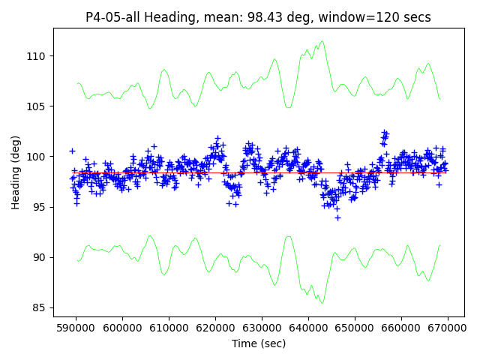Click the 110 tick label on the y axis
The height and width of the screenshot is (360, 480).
pyautogui.click(x=37, y=56)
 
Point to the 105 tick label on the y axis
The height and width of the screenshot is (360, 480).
pyautogui.click(x=37, y=106)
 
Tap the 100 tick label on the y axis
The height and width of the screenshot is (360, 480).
pyautogui.click(x=37, y=157)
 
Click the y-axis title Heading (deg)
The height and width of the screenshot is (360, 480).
pyautogui.click(x=16, y=172)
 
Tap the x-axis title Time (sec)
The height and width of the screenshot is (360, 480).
pyautogui.click(x=259, y=343)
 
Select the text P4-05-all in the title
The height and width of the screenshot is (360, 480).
pyautogui.click(x=111, y=17)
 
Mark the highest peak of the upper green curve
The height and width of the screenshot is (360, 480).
pyautogui.click(x=322, y=41)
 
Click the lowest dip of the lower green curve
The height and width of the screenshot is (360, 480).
pyautogui.click(x=322, y=303)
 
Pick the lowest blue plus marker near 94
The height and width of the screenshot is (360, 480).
pyautogui.click(x=337, y=217)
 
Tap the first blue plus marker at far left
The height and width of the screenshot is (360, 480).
pyautogui.click(x=72, y=151)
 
